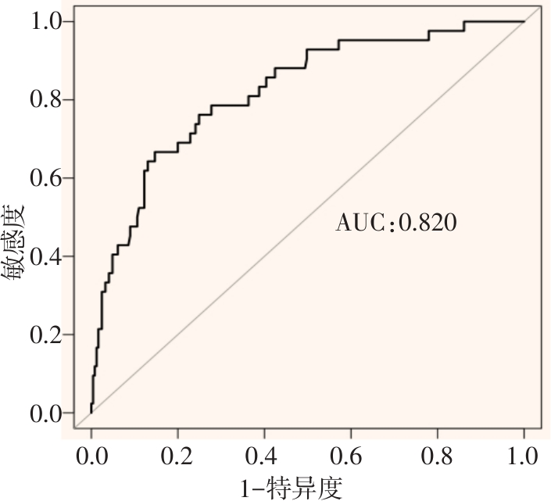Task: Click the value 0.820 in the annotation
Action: tap(427, 224)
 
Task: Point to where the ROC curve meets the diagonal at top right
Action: tap(523, 22)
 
